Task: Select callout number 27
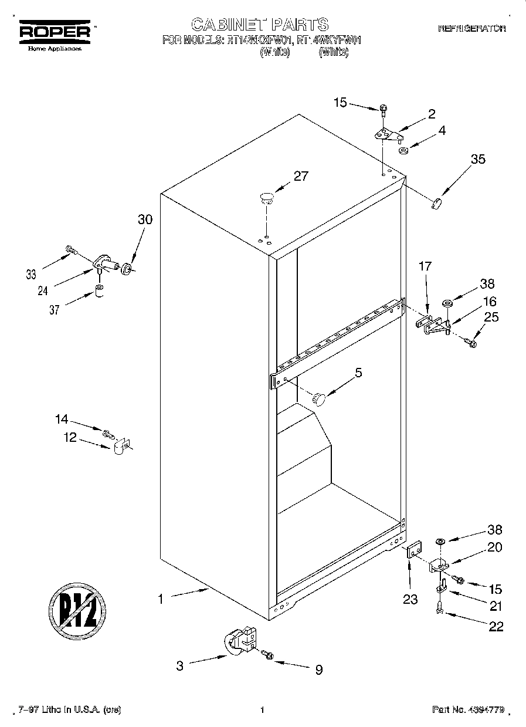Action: pyautogui.click(x=300, y=177)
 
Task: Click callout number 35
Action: pyautogui.click(x=478, y=159)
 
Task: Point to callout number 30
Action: pyautogui.click(x=145, y=219)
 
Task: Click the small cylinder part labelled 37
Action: pyautogui.click(x=100, y=292)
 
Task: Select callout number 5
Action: pyautogui.click(x=358, y=372)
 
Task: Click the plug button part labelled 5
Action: pyautogui.click(x=320, y=399)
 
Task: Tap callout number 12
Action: pyautogui.click(x=70, y=437)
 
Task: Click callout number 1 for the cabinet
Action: pyautogui.click(x=160, y=599)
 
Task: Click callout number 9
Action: pyautogui.click(x=318, y=669)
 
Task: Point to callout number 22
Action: pyautogui.click(x=496, y=627)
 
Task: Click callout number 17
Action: pyautogui.click(x=425, y=266)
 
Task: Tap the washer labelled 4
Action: pyautogui.click(x=404, y=151)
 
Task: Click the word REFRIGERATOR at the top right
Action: pyautogui.click(x=471, y=28)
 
